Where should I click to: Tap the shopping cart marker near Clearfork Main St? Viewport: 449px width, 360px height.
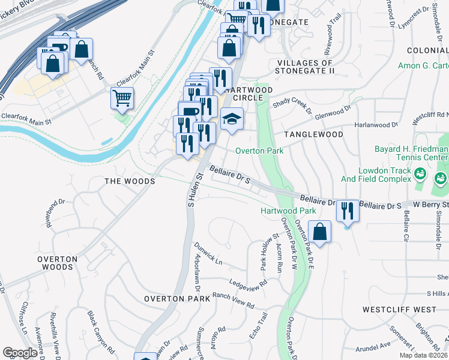click(x=122, y=97)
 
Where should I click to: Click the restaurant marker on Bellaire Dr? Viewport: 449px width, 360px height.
click(x=347, y=211)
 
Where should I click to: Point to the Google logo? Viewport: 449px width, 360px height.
click(x=20, y=353)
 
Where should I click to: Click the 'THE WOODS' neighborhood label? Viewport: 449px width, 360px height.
click(x=130, y=181)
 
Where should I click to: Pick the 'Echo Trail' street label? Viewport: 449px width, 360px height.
click(x=262, y=325)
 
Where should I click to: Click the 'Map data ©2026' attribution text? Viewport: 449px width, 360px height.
click(x=423, y=355)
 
